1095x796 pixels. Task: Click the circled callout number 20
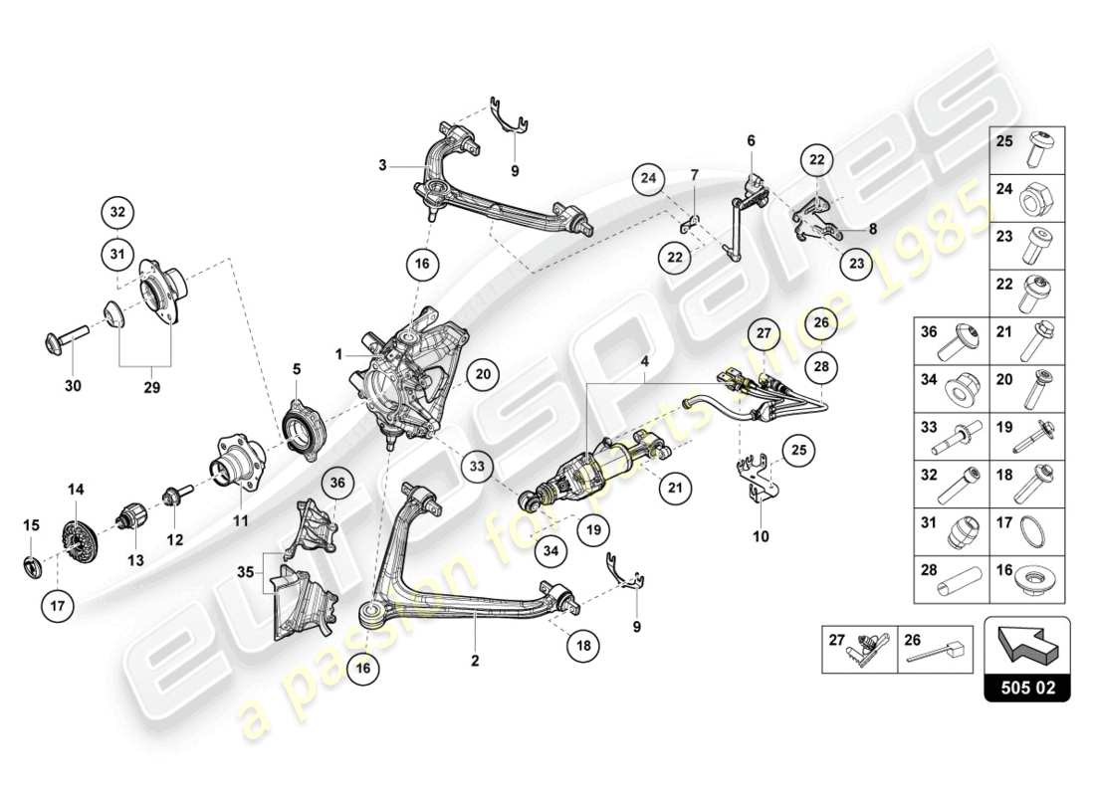pos(483,375)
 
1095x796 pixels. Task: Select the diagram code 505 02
pos(1026,686)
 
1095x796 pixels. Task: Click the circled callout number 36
pos(336,483)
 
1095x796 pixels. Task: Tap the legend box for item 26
pos(937,649)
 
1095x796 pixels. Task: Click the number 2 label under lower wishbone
pos(475,661)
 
